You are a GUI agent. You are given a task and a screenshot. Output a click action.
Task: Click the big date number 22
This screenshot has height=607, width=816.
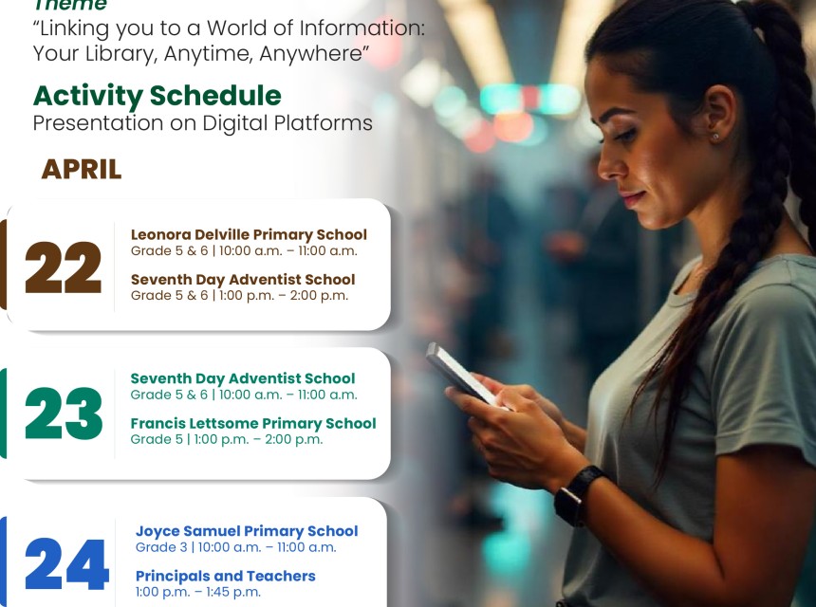click(63, 267)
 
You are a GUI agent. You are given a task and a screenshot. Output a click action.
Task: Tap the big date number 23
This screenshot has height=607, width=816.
click(64, 414)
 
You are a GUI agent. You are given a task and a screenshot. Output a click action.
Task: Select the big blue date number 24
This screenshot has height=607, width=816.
click(66, 564)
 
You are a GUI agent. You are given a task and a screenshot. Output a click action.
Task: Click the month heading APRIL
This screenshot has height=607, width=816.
click(82, 170)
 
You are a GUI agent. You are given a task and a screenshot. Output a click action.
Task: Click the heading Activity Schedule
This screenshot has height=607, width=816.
click(158, 96)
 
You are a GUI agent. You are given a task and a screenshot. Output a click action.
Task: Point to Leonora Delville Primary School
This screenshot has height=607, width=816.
click(249, 234)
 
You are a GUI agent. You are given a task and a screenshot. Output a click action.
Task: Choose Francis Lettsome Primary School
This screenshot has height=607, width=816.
click(253, 423)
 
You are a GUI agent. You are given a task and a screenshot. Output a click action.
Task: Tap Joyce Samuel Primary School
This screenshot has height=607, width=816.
click(247, 531)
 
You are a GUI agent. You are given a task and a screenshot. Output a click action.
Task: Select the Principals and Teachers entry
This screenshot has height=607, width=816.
click(225, 576)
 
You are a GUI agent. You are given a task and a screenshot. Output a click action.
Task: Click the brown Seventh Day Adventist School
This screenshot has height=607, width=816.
click(243, 279)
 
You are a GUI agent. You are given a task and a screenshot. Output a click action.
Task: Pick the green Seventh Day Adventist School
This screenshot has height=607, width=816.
click(243, 378)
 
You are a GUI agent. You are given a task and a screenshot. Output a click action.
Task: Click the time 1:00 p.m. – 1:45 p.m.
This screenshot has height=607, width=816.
click(197, 592)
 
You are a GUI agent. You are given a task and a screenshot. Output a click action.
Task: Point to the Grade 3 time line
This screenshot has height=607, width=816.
click(235, 547)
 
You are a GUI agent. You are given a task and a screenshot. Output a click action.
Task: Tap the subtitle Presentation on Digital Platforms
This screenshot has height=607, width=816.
click(202, 123)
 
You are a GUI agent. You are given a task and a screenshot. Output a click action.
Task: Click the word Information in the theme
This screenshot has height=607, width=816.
click(362, 28)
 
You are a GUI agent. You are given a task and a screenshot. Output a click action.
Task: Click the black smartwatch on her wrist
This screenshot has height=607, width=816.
click(578, 495)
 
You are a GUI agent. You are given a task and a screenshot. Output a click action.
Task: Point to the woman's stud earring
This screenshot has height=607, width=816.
click(715, 137)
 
